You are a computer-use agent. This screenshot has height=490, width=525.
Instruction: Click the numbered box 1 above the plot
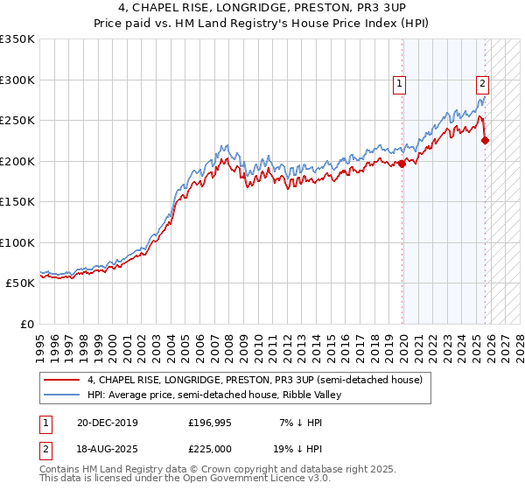click(x=399, y=85)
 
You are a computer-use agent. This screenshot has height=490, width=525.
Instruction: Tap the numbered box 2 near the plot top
click(x=482, y=85)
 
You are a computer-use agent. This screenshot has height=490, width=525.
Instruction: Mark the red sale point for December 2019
click(x=402, y=164)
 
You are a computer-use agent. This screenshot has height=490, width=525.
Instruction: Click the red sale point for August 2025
click(x=486, y=140)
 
